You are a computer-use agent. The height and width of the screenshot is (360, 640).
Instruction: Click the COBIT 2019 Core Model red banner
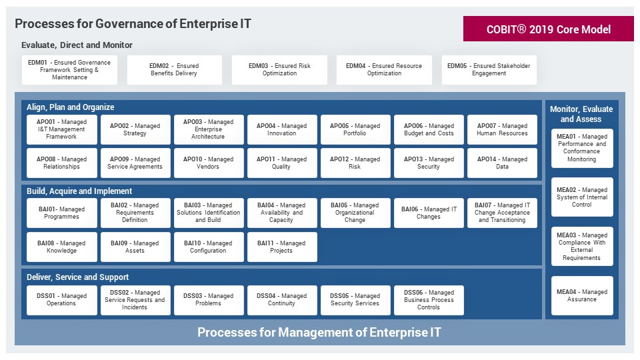pyautogui.click(x=548, y=29)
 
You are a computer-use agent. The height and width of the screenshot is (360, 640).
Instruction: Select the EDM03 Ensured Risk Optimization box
pyautogui.click(x=279, y=70)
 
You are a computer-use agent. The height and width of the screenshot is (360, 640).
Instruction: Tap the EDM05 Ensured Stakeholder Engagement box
pyautogui.click(x=489, y=70)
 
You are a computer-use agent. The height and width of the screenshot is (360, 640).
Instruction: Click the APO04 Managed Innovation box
pyautogui.click(x=282, y=130)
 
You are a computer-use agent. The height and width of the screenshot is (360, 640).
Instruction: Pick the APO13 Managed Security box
pyautogui.click(x=429, y=163)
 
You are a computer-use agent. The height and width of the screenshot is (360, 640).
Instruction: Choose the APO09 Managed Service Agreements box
pyautogui.click(x=135, y=163)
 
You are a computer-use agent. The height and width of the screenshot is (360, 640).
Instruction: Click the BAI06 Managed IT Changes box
pyautogui.click(x=429, y=213)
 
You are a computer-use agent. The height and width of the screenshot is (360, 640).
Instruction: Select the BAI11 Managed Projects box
pyautogui.click(x=282, y=247)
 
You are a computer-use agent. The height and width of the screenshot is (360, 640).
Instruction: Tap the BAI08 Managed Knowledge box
pyautogui.click(x=61, y=247)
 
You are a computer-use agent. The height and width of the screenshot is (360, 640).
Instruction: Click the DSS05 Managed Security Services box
pyautogui.click(x=355, y=300)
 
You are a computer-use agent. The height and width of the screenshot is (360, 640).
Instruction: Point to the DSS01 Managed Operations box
pyautogui.click(x=61, y=300)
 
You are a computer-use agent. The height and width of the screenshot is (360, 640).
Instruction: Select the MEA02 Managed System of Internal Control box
pyautogui.click(x=582, y=197)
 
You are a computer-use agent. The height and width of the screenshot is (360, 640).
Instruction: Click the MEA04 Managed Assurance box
pyautogui.click(x=582, y=295)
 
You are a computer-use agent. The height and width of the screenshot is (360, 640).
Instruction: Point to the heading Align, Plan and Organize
pyautogui.click(x=70, y=107)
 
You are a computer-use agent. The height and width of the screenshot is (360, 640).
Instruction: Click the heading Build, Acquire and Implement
pyautogui.click(x=79, y=191)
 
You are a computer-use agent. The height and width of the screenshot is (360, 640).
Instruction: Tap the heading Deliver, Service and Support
pyautogui.click(x=77, y=277)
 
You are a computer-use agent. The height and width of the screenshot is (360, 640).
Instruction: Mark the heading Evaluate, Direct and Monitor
pyautogui.click(x=77, y=45)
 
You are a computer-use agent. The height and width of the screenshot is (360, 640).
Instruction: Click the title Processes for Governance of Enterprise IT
pyautogui.click(x=133, y=24)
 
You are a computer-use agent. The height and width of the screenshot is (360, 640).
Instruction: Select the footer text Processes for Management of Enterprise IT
pyautogui.click(x=319, y=332)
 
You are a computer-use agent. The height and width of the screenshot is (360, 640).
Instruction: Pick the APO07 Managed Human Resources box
pyautogui.click(x=502, y=130)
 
